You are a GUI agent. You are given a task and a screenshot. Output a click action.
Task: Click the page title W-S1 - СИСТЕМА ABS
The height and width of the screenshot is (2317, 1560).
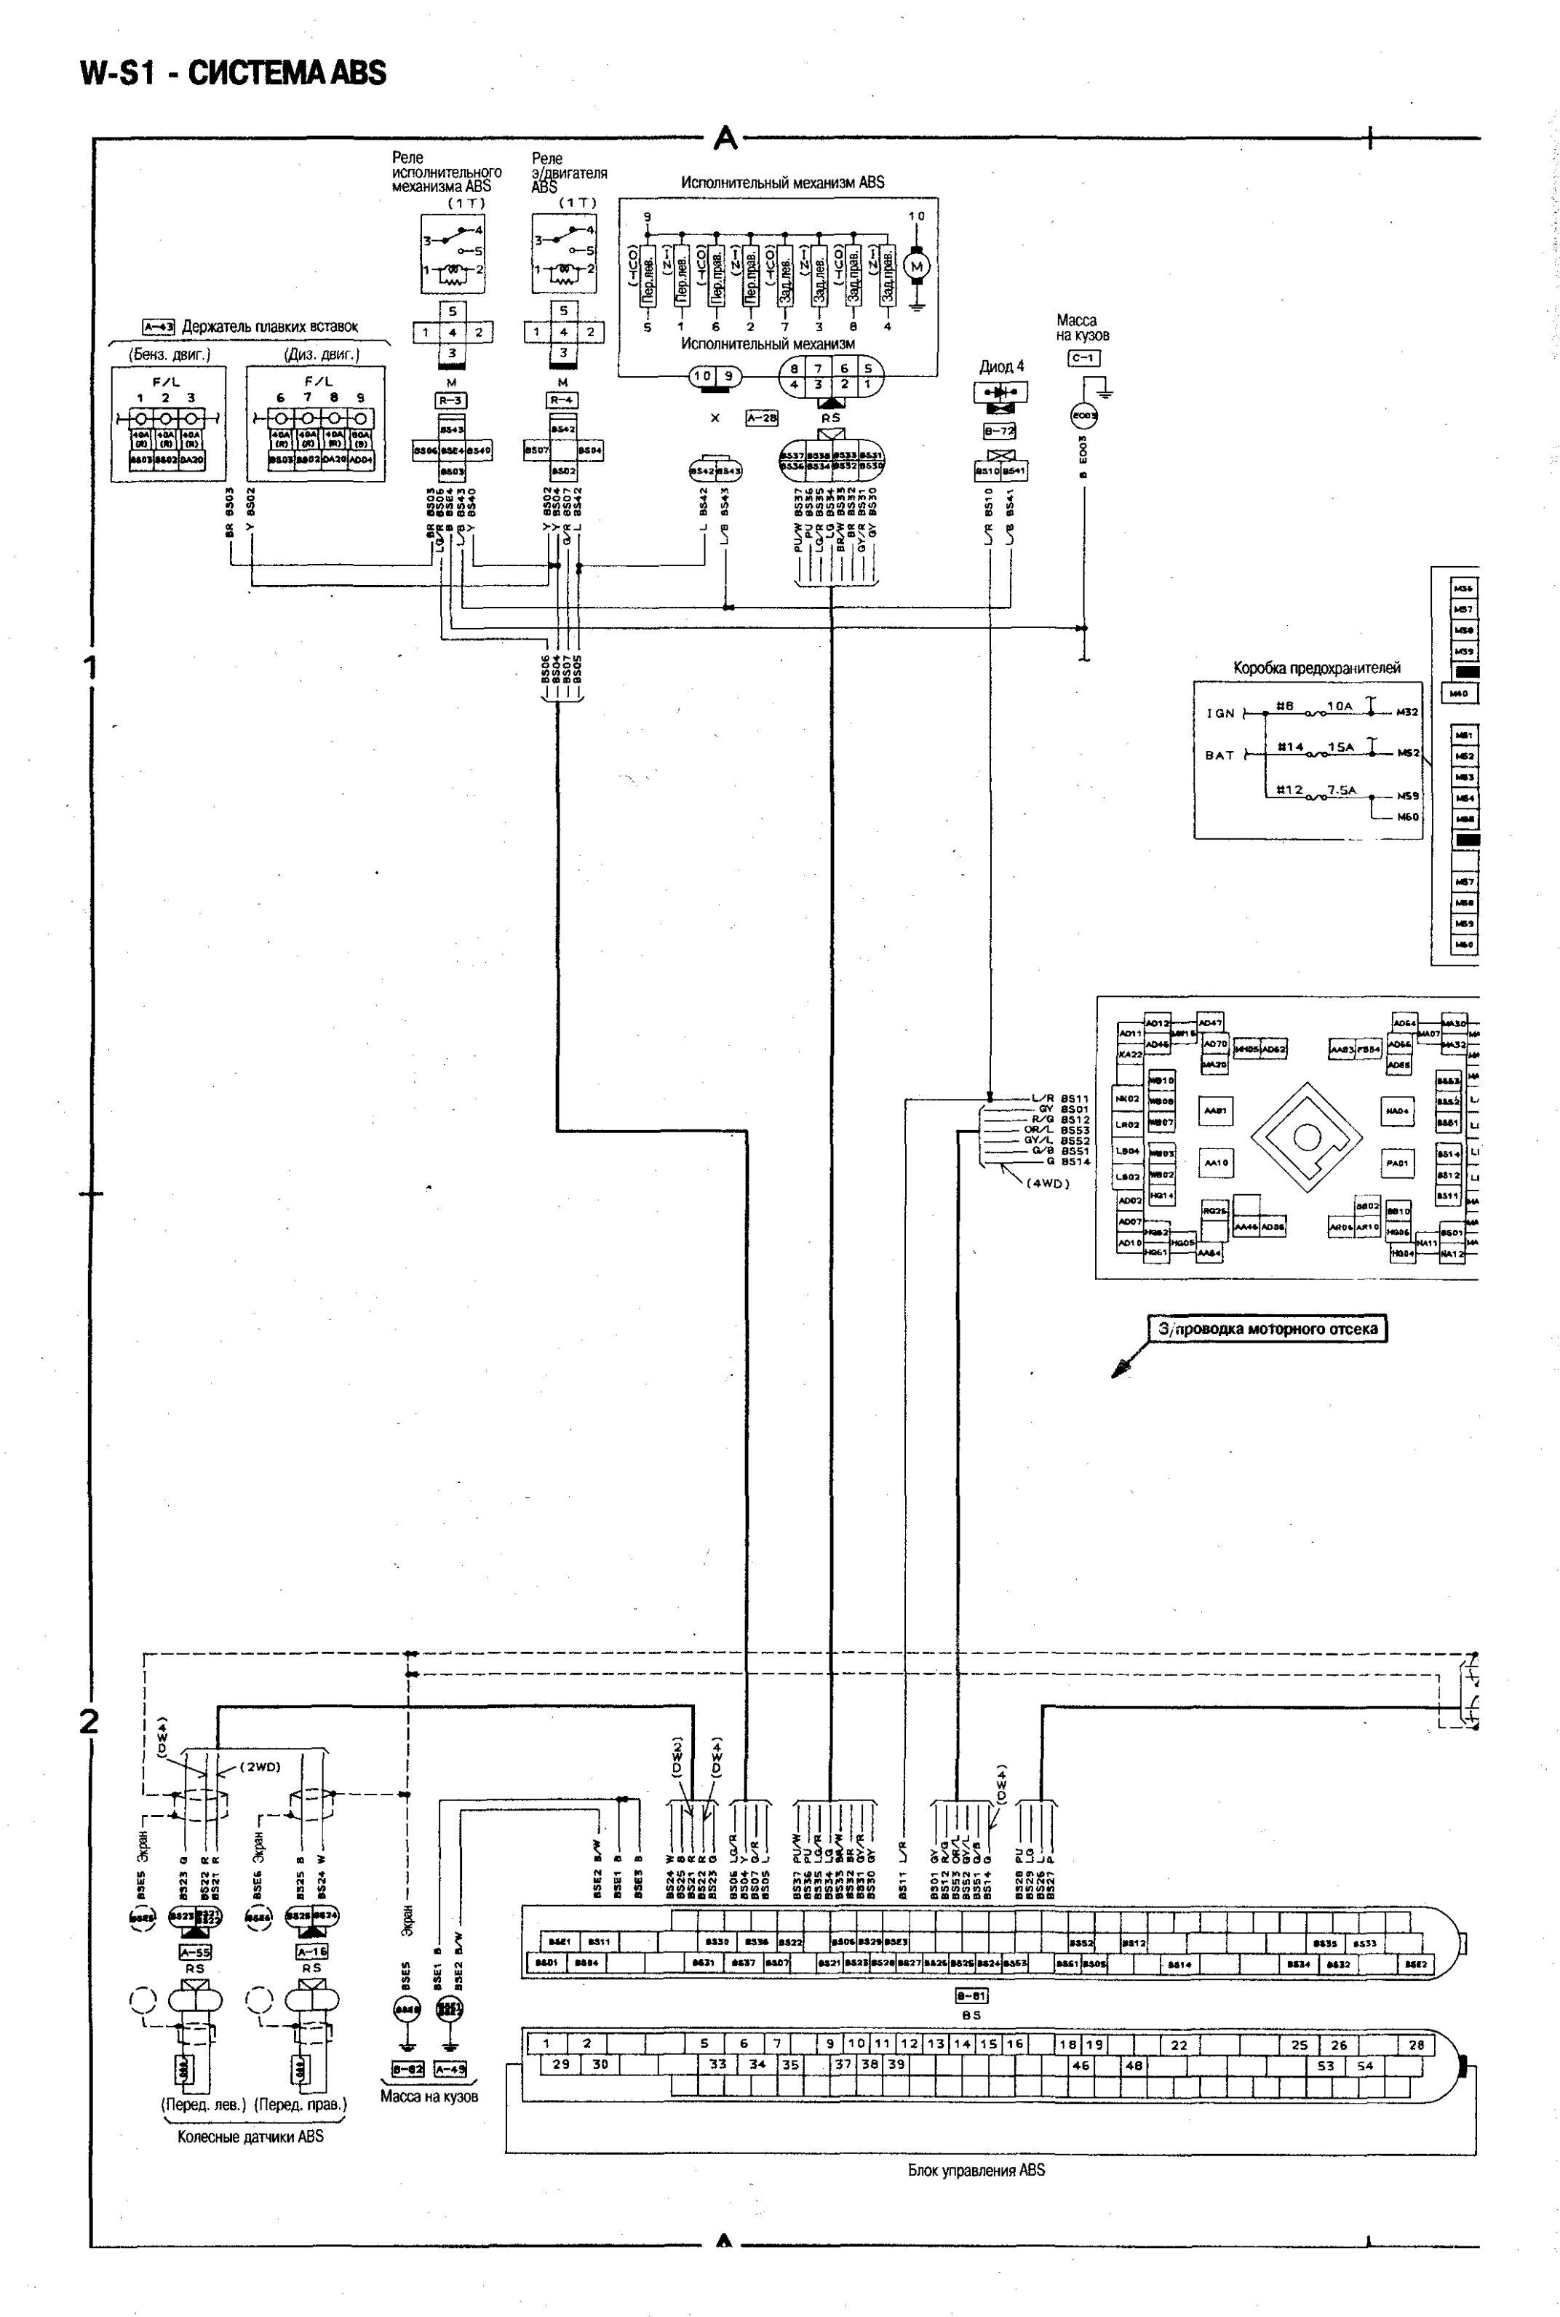pos(234,73)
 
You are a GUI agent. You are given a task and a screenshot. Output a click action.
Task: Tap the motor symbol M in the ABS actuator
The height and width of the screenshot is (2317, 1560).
pos(918,266)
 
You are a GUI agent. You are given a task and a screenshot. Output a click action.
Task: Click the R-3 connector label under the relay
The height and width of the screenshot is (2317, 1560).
pos(452,401)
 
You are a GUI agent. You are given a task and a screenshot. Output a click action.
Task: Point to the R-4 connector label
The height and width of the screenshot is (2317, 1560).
pos(563,401)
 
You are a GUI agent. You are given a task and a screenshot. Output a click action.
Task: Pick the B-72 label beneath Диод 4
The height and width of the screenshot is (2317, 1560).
pos(999,432)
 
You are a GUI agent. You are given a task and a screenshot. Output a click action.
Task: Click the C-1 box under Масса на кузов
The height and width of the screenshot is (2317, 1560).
pos(1083,358)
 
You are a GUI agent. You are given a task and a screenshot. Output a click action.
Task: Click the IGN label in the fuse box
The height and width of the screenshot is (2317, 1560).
pos(1221,713)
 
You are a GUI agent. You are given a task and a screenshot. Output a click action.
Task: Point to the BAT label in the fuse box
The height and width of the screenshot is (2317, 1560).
pos(1219,755)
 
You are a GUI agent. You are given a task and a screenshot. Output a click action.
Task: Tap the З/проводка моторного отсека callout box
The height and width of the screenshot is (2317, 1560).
pos(1267,1328)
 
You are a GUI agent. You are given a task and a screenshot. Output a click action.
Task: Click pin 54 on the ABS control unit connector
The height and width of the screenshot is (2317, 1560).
pos(1365,2066)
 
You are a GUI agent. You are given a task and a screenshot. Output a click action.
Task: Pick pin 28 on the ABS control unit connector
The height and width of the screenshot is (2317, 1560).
pos(1417,2046)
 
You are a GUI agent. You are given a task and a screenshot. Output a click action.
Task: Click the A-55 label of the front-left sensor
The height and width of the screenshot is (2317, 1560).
pos(195,1953)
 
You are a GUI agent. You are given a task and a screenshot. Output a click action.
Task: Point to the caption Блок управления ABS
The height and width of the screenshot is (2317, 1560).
pos(976,2171)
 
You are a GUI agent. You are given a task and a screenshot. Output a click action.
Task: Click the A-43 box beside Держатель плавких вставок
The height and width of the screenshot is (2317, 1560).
pos(158,326)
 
